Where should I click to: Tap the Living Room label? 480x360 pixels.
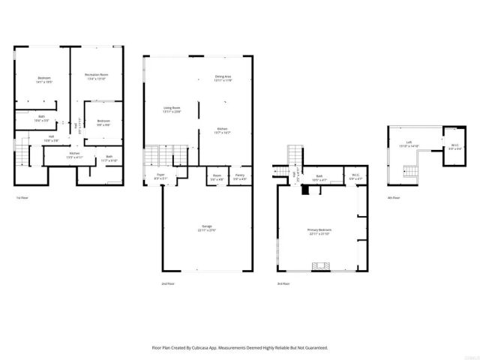pyautogui.click(x=172, y=110)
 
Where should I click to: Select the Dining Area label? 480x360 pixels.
pyautogui.click(x=223, y=77)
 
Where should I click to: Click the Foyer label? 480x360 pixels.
pyautogui.click(x=160, y=176)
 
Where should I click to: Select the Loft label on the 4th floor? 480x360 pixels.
pyautogui.click(x=409, y=144)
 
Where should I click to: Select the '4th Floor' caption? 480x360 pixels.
pyautogui.click(x=393, y=198)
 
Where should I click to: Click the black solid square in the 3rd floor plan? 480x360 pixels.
pyautogui.click(x=304, y=190)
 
